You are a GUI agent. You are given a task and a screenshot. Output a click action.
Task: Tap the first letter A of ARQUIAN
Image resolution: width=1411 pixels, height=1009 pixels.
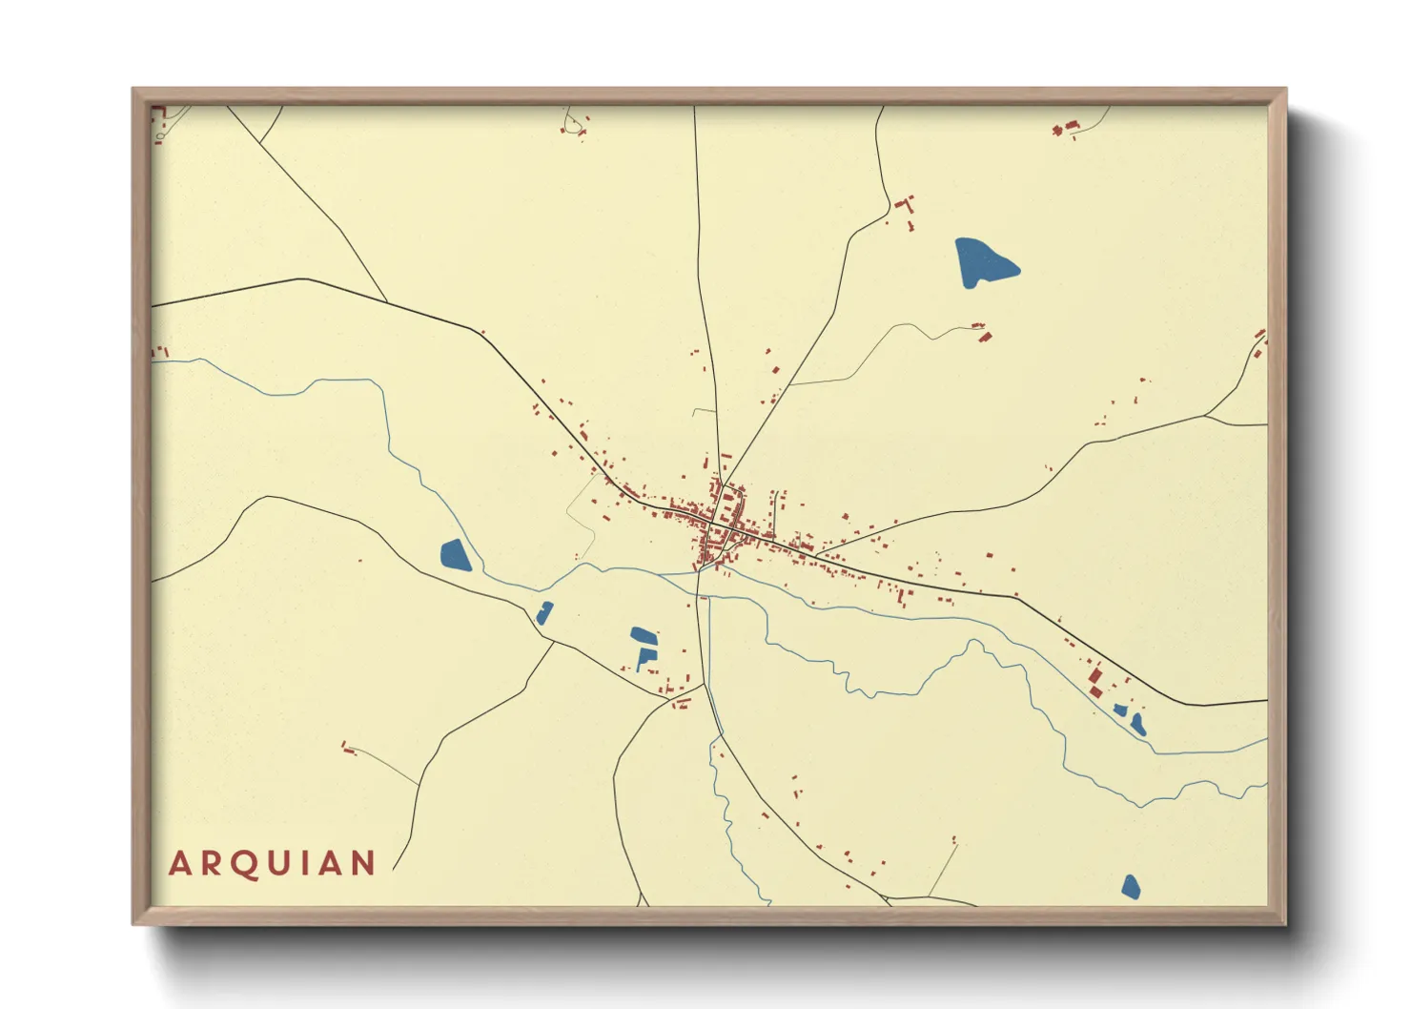coord(178,864)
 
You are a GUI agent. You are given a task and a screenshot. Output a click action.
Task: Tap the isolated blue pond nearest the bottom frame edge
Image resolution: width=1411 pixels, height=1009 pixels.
coord(1131,887)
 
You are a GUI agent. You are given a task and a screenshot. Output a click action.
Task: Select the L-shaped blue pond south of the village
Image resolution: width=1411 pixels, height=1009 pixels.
coord(645,658)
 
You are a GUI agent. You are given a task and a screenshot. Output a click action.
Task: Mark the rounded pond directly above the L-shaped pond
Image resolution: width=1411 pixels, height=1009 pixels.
coord(643,634)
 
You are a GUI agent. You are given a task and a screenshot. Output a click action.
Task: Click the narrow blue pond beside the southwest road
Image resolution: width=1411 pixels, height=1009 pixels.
coord(544,612)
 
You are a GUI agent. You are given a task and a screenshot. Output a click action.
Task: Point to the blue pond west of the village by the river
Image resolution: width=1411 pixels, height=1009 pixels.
coord(455,555)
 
